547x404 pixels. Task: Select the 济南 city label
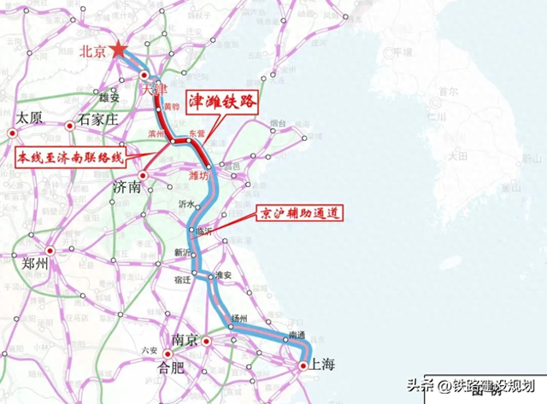click(x=126, y=185)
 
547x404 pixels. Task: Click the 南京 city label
click(x=185, y=340)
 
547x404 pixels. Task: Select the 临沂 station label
click(x=202, y=231)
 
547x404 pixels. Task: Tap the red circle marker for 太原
click(x=13, y=132)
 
